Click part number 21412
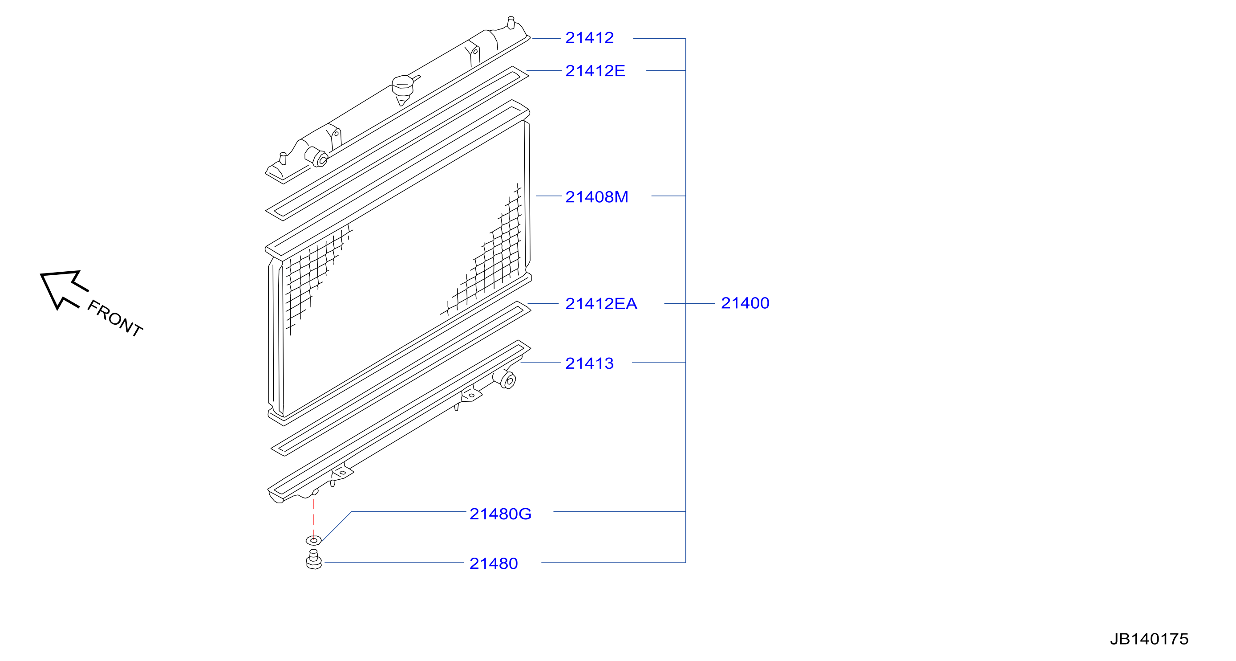pyautogui.click(x=589, y=37)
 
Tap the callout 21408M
pyautogui.click(x=596, y=197)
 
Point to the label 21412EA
pyautogui.click(x=601, y=303)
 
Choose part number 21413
pyautogui.click(x=589, y=363)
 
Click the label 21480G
pyautogui.click(x=500, y=514)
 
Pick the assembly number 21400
pyautogui.click(x=745, y=303)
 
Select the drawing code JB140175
pyautogui.click(x=1149, y=639)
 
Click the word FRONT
pyautogui.click(x=115, y=318)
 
